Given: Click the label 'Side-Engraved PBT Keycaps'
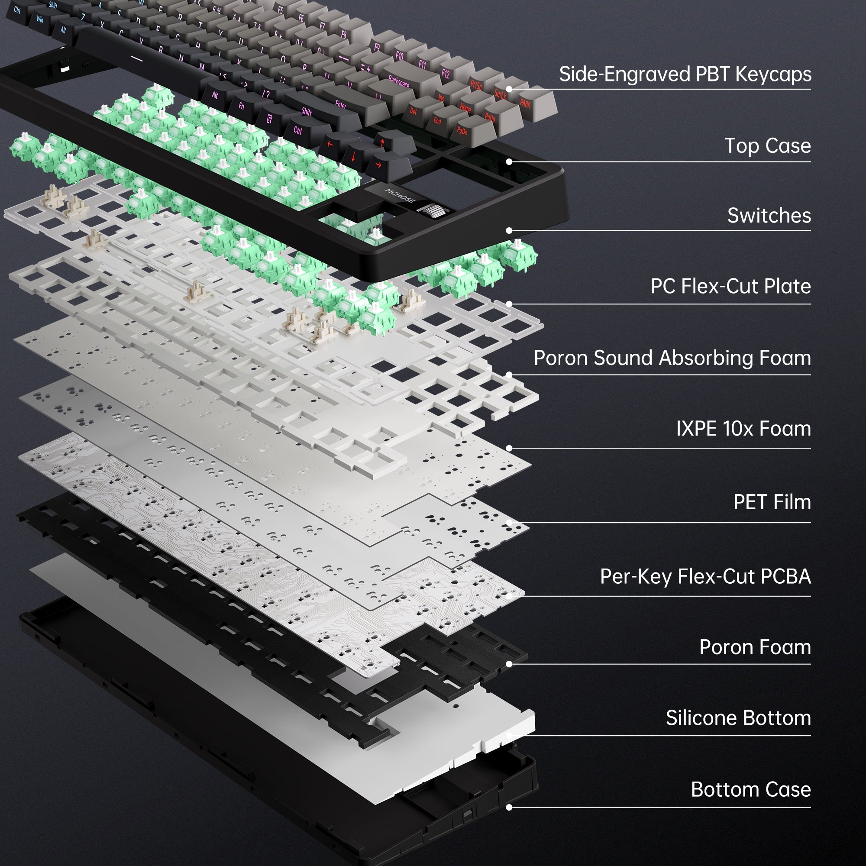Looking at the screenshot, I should point(685,74).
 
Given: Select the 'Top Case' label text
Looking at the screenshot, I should point(767,146).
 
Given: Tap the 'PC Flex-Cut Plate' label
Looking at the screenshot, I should point(730,286).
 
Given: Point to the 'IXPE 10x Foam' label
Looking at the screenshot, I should point(743,429).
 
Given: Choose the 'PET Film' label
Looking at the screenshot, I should point(772,502).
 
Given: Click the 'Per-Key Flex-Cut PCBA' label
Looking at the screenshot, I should point(705,577).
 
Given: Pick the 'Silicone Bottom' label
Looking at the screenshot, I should point(738,718).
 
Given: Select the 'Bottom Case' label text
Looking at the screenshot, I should point(751,790).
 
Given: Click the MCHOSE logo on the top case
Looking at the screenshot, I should point(400,195).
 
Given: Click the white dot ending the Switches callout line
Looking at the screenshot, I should point(509,230).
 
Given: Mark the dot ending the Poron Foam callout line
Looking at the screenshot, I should point(509,664).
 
